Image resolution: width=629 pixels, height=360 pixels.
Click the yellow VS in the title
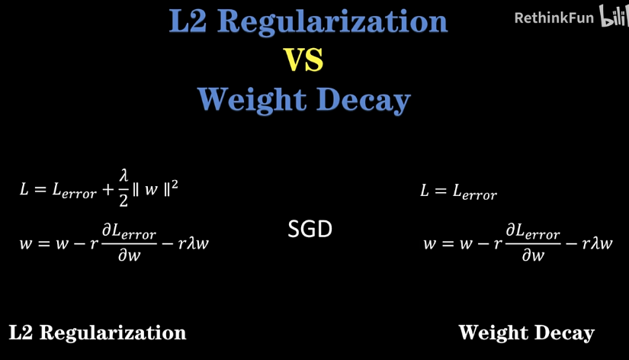point(303,60)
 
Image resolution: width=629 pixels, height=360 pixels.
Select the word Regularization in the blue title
point(332,21)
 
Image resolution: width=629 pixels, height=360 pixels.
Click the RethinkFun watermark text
point(554,17)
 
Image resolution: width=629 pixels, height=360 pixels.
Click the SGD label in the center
point(310,229)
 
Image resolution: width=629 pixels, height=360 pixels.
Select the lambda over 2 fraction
point(124,188)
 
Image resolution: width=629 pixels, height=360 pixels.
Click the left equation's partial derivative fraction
point(129,243)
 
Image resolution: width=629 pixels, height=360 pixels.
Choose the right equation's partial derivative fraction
point(533,243)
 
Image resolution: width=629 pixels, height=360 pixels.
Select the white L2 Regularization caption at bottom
point(98,333)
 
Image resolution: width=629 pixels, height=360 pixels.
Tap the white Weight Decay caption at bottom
point(526,333)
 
